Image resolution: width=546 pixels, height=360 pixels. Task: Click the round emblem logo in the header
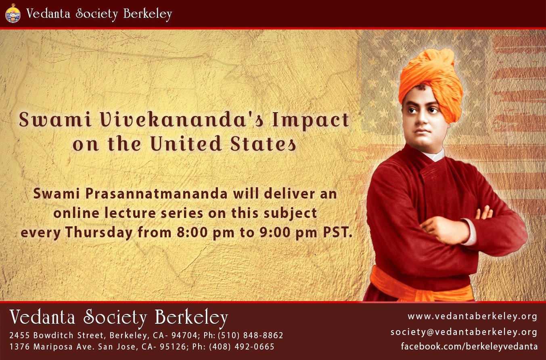pos(13,14)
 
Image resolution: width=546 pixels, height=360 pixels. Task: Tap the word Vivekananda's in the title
pos(182,120)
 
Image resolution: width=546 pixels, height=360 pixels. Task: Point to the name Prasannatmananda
pos(157,194)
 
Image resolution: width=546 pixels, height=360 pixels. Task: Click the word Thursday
pos(99,232)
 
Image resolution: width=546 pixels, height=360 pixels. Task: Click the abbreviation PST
pos(338,232)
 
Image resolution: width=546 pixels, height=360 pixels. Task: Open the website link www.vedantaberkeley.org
pos(473,316)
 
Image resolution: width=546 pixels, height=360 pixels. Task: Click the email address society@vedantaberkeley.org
pos(464,332)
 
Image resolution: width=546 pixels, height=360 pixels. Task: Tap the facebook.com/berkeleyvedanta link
pos(469,346)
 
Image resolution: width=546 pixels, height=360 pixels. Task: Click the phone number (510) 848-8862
pos(250,335)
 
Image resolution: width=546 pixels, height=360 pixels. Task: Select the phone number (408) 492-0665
pos(242,347)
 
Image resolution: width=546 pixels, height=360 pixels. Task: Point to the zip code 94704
pos(184,335)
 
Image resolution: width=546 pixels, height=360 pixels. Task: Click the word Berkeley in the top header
pos(148,14)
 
